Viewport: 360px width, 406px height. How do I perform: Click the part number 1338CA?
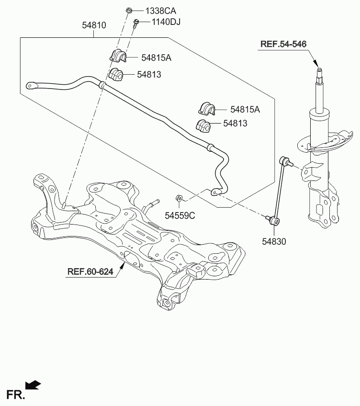[160, 11]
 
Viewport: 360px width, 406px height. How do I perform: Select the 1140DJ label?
[166, 22]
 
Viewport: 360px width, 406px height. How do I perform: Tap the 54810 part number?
[94, 25]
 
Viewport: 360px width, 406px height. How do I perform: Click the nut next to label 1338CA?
[129, 11]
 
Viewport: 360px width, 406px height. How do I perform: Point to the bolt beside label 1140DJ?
[135, 23]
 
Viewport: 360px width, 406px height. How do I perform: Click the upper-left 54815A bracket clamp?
[118, 56]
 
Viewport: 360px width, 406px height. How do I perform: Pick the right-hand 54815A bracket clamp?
[207, 109]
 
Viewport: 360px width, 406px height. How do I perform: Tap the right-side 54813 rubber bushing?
[203, 125]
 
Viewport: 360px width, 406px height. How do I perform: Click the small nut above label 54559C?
[179, 198]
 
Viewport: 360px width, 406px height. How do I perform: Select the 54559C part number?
[180, 215]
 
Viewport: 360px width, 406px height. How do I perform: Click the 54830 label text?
[274, 242]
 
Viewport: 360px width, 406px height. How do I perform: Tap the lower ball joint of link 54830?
[274, 221]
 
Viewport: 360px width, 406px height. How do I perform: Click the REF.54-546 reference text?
[283, 44]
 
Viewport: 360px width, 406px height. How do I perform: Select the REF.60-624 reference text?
[90, 271]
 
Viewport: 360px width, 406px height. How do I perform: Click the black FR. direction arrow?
[33, 385]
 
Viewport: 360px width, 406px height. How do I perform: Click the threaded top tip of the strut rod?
[320, 70]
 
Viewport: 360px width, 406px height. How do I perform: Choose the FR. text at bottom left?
[15, 395]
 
